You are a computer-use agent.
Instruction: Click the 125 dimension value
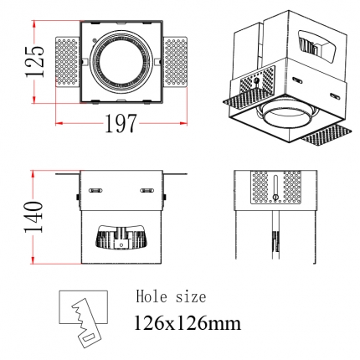click(35, 62)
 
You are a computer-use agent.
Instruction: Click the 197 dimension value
click(121, 123)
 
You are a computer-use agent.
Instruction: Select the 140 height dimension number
click(33, 217)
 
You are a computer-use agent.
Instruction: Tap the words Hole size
click(171, 296)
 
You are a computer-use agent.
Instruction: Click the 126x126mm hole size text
click(188, 323)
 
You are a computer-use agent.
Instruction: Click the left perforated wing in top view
click(67, 62)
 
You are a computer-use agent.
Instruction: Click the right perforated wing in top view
click(175, 62)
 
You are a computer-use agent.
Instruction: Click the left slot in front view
click(95, 191)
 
